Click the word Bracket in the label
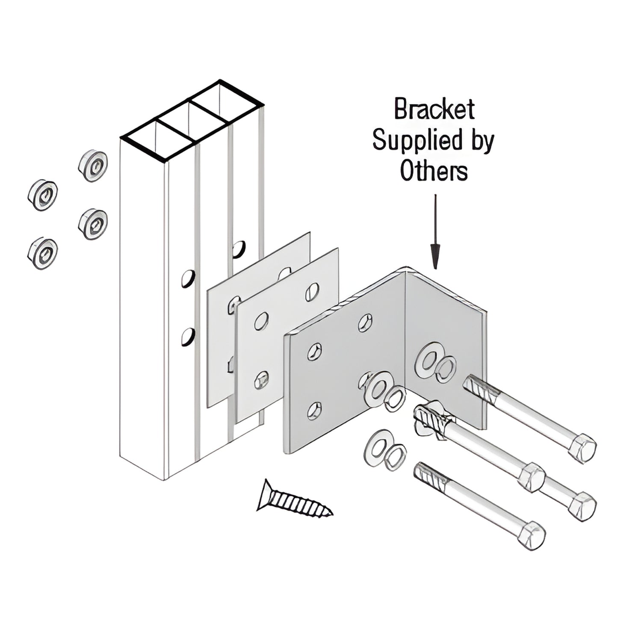click(434, 109)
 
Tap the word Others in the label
click(434, 171)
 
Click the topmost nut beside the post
click(93, 166)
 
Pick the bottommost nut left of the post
click(43, 254)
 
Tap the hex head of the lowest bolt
click(531, 535)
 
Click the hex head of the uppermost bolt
click(583, 448)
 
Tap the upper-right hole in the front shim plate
click(312, 292)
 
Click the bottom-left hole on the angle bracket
click(315, 411)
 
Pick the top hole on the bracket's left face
click(365, 322)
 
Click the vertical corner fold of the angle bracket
click(405, 342)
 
